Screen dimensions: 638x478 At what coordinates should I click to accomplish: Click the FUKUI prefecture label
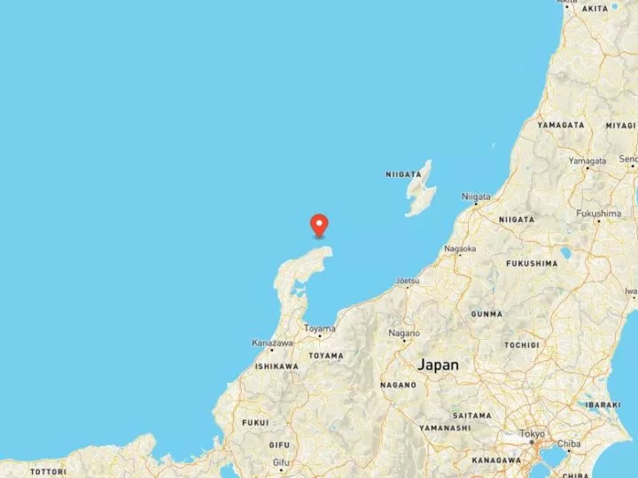tap(255, 422)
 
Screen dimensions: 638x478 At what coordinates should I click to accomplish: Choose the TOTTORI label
tap(47, 472)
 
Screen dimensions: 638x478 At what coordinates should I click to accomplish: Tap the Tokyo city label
tap(532, 434)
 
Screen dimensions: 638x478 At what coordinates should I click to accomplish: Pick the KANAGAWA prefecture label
tap(497, 460)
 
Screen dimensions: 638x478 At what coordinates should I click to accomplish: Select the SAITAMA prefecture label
tap(471, 414)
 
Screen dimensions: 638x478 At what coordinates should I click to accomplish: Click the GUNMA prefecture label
tap(486, 313)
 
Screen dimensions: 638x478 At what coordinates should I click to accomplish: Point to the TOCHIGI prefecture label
tap(522, 343)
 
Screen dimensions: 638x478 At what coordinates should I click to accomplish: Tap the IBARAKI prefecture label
tap(603, 404)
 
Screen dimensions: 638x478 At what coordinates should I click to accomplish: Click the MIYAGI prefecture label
tap(621, 125)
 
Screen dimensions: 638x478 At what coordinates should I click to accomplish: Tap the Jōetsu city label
tap(407, 281)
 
